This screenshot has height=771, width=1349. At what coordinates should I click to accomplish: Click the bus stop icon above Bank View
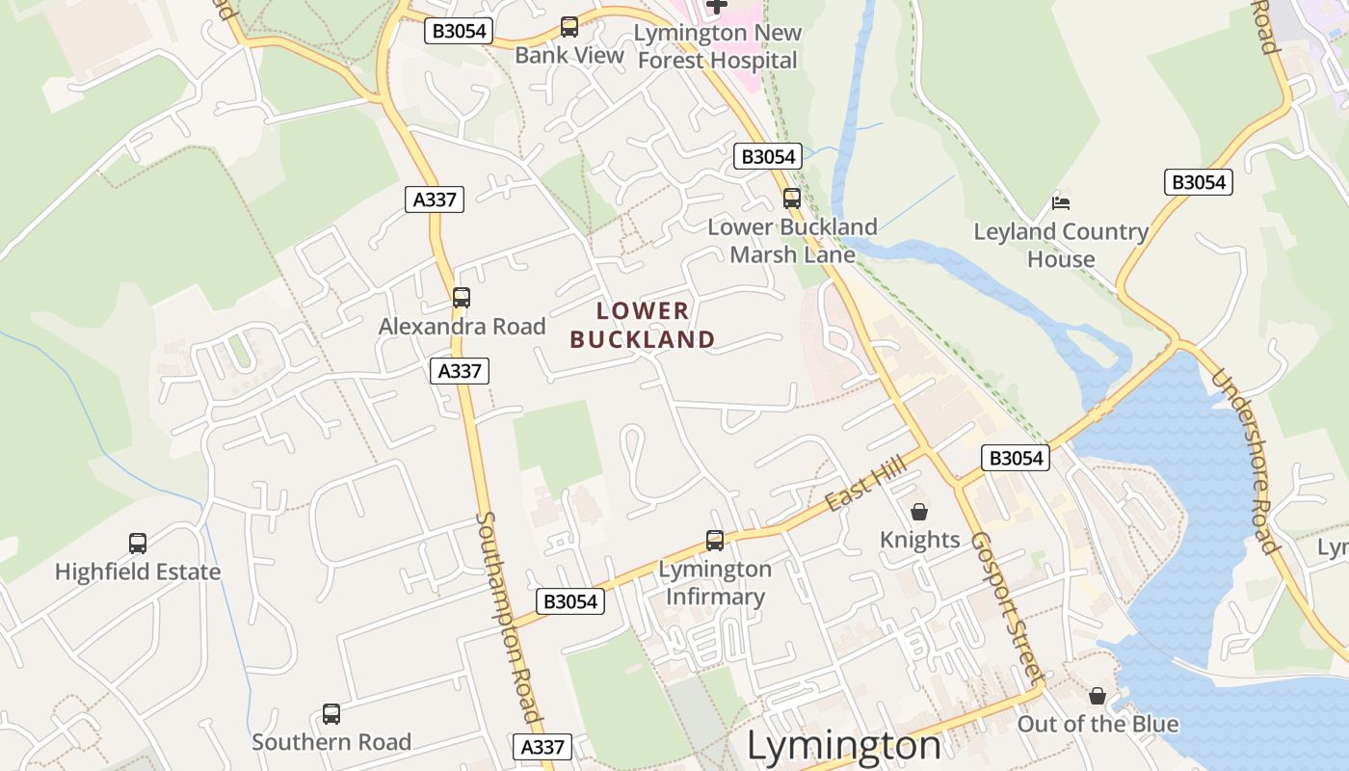click(569, 27)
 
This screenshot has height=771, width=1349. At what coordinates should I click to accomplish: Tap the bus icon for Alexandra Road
click(462, 298)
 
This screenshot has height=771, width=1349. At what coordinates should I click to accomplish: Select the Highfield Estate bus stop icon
click(138, 544)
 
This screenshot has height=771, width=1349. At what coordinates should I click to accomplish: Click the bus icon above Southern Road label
click(331, 714)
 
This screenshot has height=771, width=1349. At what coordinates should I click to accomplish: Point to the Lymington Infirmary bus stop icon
click(715, 541)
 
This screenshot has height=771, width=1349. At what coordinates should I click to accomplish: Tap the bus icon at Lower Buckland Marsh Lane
click(792, 199)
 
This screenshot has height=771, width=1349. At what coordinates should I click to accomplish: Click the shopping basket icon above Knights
click(919, 512)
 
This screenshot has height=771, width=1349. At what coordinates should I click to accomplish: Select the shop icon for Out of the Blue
click(1098, 696)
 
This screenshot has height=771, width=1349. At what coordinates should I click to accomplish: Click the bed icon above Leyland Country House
click(1061, 202)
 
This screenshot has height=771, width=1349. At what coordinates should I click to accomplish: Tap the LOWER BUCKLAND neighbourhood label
click(643, 325)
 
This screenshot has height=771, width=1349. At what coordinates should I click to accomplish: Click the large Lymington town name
click(844, 746)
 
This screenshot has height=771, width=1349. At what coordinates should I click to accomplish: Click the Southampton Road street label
click(508, 617)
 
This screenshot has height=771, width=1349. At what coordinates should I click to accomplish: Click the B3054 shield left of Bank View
click(459, 31)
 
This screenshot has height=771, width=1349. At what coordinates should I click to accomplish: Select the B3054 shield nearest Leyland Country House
click(1199, 182)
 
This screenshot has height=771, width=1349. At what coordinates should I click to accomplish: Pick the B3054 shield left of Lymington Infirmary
click(569, 601)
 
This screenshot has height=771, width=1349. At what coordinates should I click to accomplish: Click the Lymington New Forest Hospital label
click(718, 46)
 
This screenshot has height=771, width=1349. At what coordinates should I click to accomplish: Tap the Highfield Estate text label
click(138, 572)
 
